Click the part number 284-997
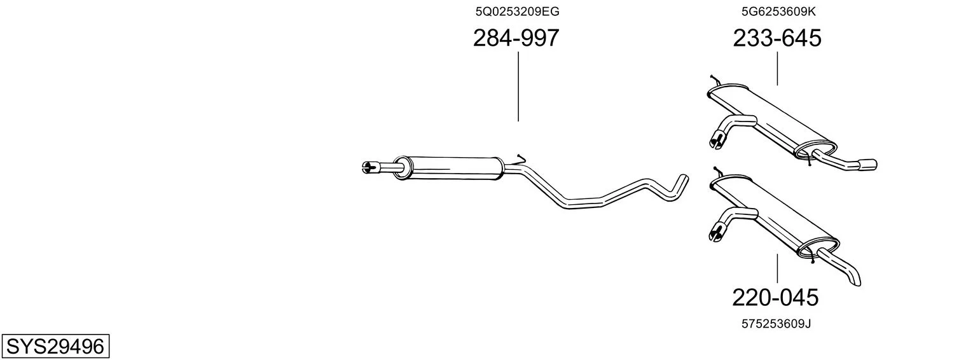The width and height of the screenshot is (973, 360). pyautogui.click(x=516, y=38)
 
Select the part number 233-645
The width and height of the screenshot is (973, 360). pyautogui.click(x=777, y=38)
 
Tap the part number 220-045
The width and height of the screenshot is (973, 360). pyautogui.click(x=775, y=298)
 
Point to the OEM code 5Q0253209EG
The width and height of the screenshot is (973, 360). pyautogui.click(x=517, y=11)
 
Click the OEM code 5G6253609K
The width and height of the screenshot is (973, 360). pyautogui.click(x=778, y=11)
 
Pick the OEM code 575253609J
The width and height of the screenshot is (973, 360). pyautogui.click(x=776, y=324)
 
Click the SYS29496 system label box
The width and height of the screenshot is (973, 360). pyautogui.click(x=55, y=347)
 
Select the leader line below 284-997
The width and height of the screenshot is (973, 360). pyautogui.click(x=518, y=87)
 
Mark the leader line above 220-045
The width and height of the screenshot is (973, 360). pyautogui.click(x=777, y=268)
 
